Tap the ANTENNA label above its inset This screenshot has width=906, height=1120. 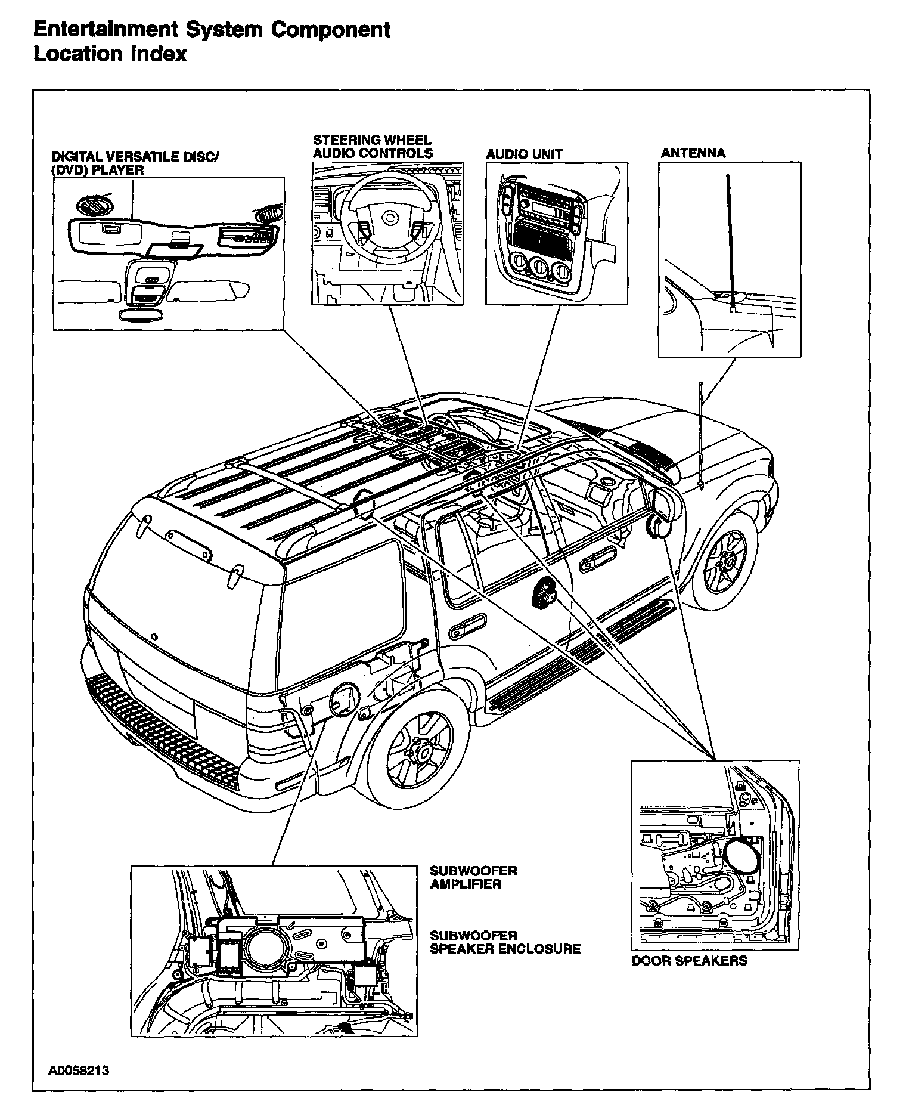point(693,153)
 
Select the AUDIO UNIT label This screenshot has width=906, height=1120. point(524,154)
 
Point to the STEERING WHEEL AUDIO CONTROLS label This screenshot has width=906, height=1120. point(373,147)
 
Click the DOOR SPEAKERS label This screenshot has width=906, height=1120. point(689,961)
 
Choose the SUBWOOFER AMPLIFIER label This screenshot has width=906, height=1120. point(473,877)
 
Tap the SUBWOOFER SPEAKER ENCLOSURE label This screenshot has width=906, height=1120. point(505,942)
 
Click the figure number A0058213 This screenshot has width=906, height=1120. point(79,1071)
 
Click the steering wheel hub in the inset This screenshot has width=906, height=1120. point(390,219)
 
